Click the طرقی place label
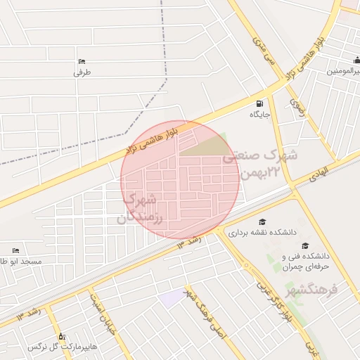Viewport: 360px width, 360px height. point(82,72)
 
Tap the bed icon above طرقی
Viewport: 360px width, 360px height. point(82,61)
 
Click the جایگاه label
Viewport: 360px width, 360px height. point(259,113)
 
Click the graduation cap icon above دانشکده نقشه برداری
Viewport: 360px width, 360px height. point(262,221)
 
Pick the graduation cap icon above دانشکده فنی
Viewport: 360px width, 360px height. point(305,245)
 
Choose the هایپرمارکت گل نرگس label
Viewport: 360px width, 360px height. point(62,347)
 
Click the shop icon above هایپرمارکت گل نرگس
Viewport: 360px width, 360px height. point(61,336)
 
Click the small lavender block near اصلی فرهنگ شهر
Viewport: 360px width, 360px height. point(170,298)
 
